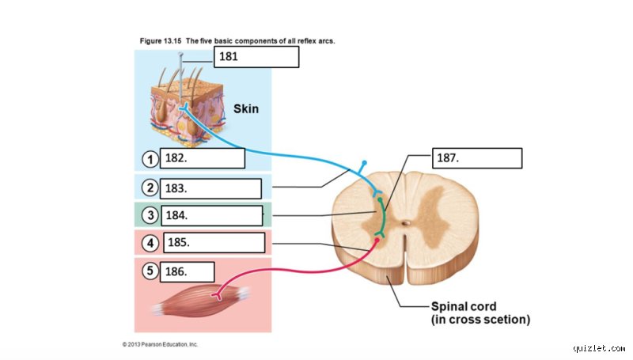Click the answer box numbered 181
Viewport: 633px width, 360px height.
pyautogui.click(x=256, y=56)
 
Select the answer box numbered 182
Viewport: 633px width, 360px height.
pyautogui.click(x=203, y=158)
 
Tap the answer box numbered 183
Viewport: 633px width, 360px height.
pyautogui.click(x=210, y=188)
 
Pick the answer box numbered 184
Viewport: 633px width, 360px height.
pyautogui.click(x=212, y=215)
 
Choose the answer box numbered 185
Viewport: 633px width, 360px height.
pyautogui.click(x=214, y=243)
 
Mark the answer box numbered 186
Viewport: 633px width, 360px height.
pyautogui.click(x=187, y=271)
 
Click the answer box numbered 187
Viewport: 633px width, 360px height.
pyautogui.click(x=477, y=157)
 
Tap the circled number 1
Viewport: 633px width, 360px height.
pyautogui.click(x=150, y=159)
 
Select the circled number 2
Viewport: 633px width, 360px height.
pyautogui.click(x=150, y=188)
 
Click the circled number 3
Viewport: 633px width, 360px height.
pyautogui.click(x=150, y=215)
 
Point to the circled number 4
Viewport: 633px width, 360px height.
pyautogui.click(x=150, y=243)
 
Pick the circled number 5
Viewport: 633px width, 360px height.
pyautogui.click(x=150, y=271)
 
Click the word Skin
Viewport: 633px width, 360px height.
pyautogui.click(x=246, y=109)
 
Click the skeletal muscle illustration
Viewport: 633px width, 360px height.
pyautogui.click(x=201, y=301)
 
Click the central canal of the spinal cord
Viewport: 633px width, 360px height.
pyautogui.click(x=406, y=222)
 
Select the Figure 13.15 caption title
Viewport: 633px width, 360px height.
pyautogui.click(x=237, y=41)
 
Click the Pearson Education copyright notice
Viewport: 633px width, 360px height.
pyautogui.click(x=161, y=344)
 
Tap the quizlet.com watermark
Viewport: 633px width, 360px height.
pyautogui.click(x=599, y=348)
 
